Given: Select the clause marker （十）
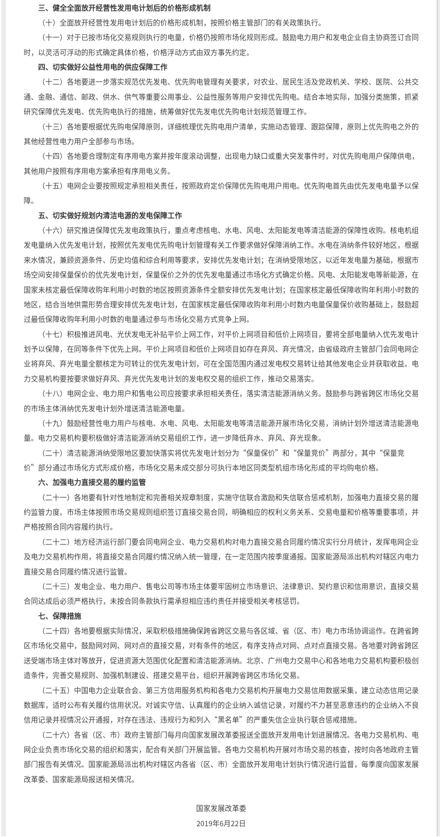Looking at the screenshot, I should tap(49, 23).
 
